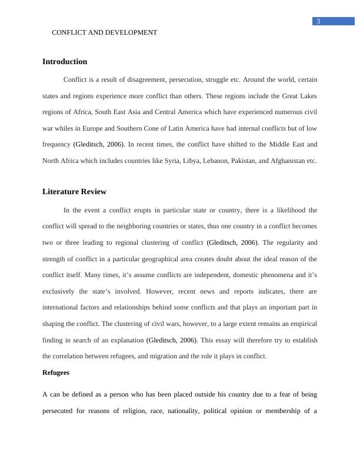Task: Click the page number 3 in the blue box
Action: tap(318, 22)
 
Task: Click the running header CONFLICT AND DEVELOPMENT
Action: tap(105, 33)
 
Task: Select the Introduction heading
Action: tap(65, 62)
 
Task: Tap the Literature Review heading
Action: tap(75, 192)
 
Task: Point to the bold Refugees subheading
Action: tap(56, 372)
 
